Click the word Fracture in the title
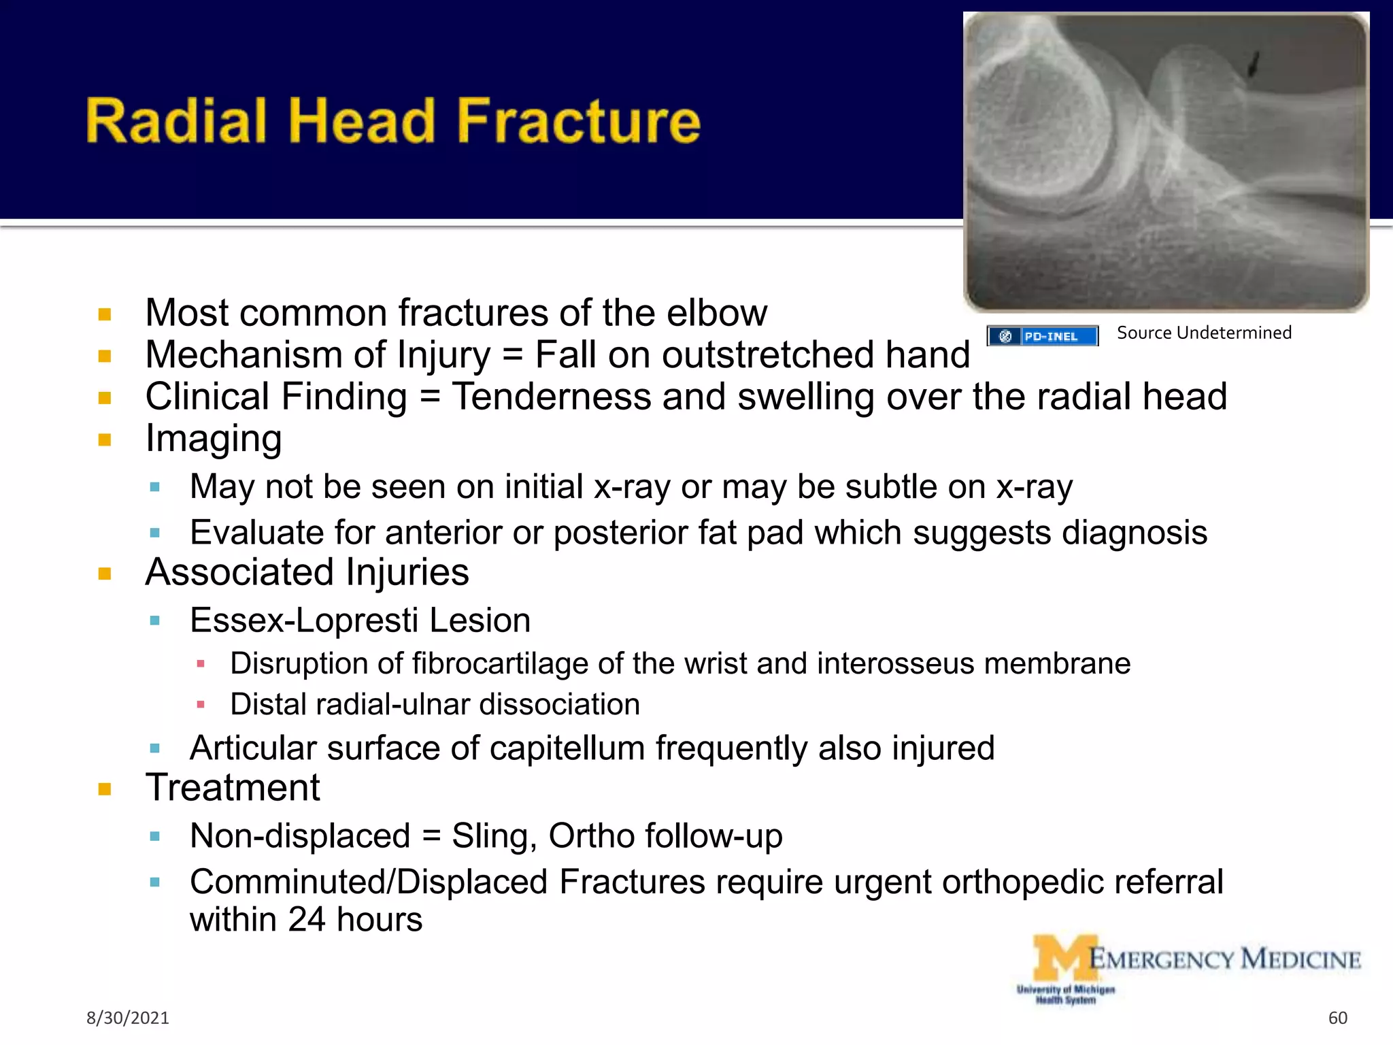click(578, 121)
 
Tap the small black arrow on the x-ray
click(1253, 65)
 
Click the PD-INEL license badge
click(1042, 336)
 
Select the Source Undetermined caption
click(1204, 333)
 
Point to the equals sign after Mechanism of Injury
click(512, 356)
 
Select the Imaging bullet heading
click(214, 439)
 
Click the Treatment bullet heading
click(233, 788)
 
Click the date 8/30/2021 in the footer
click(128, 1018)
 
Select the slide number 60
click(1337, 1018)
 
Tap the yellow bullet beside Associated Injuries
click(105, 574)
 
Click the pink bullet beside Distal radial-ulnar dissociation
click(201, 705)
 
